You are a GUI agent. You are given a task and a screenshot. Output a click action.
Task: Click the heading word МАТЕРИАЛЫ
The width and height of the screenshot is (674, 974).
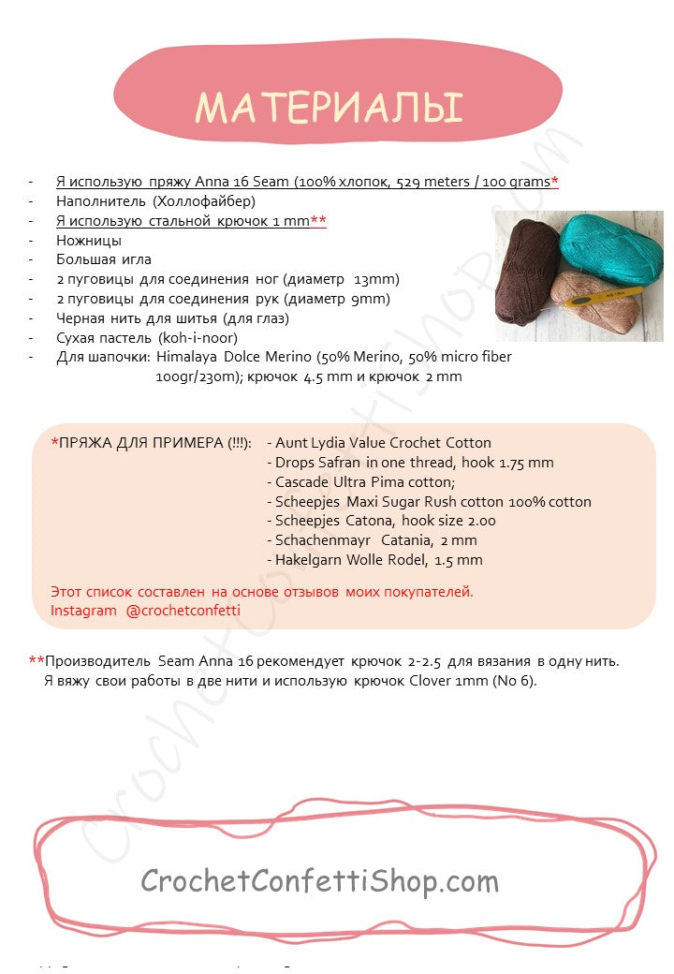[x=329, y=108]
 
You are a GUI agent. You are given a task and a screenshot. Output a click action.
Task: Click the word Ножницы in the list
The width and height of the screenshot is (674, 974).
[x=91, y=239]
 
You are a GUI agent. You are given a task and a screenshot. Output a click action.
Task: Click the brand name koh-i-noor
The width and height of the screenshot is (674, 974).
[x=198, y=337]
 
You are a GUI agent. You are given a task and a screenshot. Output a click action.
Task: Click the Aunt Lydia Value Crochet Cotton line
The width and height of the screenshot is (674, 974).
[x=383, y=443]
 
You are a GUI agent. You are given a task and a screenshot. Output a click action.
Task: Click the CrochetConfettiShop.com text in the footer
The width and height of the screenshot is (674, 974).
[x=320, y=880]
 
